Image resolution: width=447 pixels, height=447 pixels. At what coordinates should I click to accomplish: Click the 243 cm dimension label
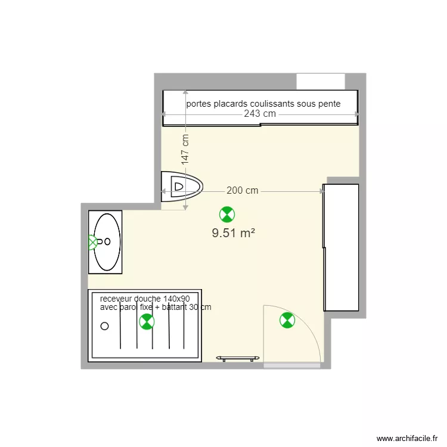click(x=260, y=114)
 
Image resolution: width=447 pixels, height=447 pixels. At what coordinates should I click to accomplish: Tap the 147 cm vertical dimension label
click(x=185, y=148)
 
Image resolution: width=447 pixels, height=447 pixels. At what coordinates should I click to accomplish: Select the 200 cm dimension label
click(x=243, y=191)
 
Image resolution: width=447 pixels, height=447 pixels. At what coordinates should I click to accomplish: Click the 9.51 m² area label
click(x=234, y=233)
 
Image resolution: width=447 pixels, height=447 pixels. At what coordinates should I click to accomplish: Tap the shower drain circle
click(x=105, y=325)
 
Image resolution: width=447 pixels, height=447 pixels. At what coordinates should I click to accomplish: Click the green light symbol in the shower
click(x=146, y=322)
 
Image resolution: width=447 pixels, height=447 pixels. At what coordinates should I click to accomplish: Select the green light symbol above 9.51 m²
click(x=226, y=214)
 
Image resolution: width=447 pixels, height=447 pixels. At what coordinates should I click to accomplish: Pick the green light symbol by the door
click(x=287, y=321)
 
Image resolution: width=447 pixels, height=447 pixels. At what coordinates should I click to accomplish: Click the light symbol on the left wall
click(x=92, y=242)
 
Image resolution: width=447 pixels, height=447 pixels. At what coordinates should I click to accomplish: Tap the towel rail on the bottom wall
click(x=238, y=358)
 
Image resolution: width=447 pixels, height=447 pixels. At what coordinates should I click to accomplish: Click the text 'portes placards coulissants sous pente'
click(x=263, y=104)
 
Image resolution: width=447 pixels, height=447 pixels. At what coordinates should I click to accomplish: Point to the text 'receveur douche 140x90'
click(x=145, y=299)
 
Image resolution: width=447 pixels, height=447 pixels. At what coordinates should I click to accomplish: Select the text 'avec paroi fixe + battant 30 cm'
click(x=156, y=307)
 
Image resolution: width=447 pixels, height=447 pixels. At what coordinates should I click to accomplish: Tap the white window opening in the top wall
click(x=321, y=81)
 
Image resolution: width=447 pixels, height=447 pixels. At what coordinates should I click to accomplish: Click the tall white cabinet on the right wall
click(x=342, y=247)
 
